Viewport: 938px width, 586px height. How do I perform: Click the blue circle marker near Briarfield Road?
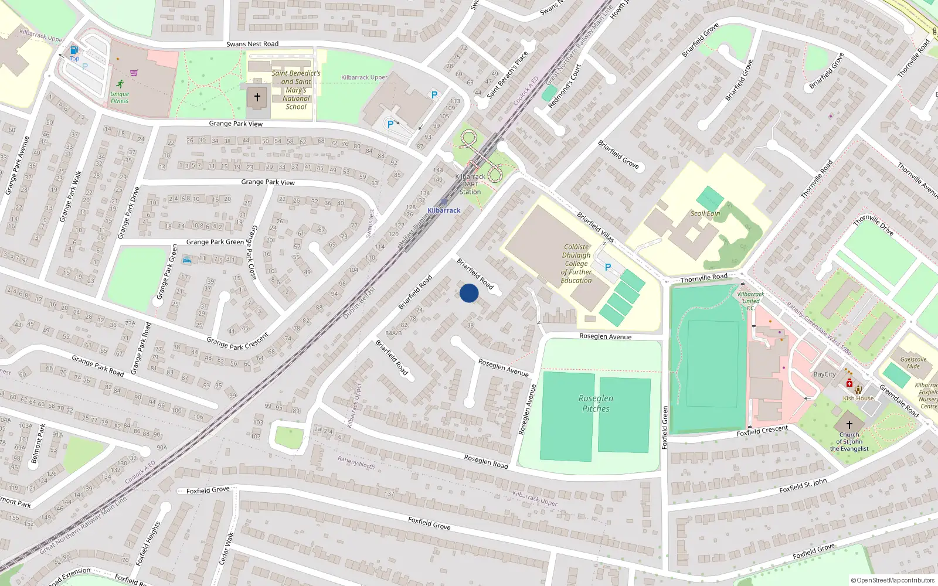click(469, 293)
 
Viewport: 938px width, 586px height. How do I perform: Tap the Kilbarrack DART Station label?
click(470, 184)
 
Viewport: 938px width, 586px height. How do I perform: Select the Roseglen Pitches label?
click(596, 403)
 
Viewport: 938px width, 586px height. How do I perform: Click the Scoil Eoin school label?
click(705, 213)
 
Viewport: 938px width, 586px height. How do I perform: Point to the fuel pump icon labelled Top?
click(74, 50)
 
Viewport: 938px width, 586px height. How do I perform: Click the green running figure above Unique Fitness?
click(120, 84)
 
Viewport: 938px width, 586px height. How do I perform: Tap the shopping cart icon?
click(134, 73)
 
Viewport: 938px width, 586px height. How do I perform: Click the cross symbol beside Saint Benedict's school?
click(257, 97)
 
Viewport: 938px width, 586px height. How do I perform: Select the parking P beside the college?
click(608, 267)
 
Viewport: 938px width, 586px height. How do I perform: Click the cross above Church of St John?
click(849, 425)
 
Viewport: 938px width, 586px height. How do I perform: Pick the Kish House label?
click(858, 398)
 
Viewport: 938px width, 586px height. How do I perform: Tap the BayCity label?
click(824, 374)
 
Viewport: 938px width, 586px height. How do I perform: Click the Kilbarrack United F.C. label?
click(750, 301)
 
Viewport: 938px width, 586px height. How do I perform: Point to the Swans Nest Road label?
click(252, 44)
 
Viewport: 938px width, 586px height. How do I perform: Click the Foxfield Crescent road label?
click(762, 431)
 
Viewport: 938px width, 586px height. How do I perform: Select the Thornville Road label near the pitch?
click(704, 278)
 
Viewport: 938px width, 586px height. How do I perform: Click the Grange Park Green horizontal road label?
click(215, 242)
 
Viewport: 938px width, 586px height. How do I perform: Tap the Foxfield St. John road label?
click(803, 486)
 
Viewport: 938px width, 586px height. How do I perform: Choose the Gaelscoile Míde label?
click(913, 363)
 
